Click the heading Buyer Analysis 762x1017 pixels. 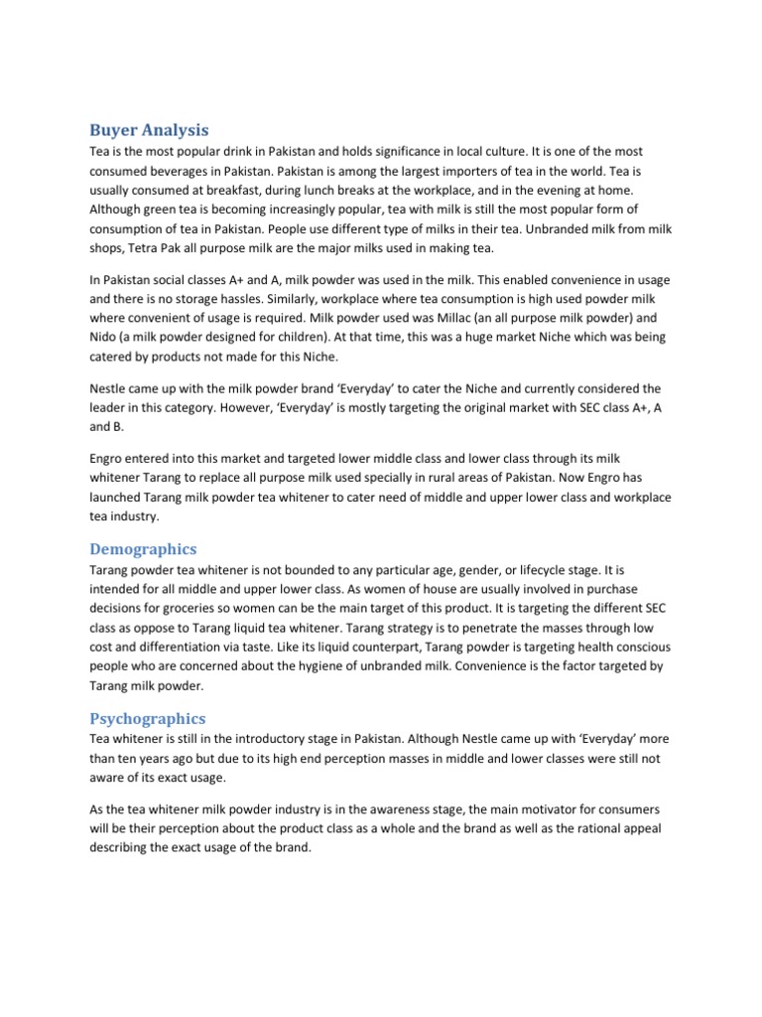[x=149, y=129]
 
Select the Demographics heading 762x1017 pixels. [x=143, y=549]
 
